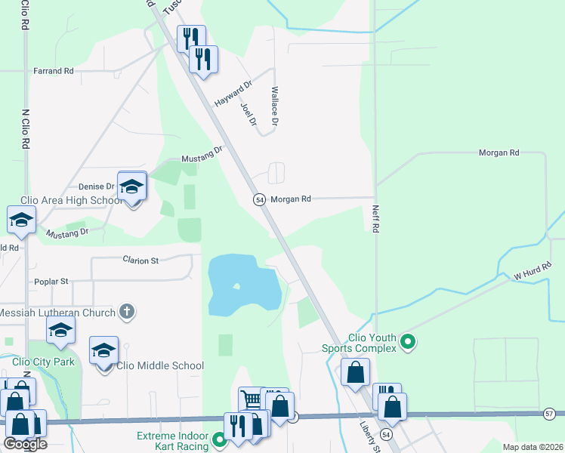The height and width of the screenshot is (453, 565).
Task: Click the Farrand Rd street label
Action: click(x=53, y=71)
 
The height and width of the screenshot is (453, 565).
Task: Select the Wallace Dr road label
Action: click(x=275, y=106)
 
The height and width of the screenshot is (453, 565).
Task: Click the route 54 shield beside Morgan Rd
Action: click(x=259, y=199)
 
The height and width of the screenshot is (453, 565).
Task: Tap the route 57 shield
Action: click(x=550, y=414)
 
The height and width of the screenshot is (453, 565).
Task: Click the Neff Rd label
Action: click(x=375, y=219)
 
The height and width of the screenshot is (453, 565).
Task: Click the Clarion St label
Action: click(x=141, y=260)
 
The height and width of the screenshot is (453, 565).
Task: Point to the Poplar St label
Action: click(x=51, y=282)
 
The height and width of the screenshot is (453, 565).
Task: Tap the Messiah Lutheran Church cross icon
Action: click(x=127, y=311)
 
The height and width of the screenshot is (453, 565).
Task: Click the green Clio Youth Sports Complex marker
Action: click(x=408, y=343)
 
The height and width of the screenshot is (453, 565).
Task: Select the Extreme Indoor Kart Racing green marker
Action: click(x=220, y=439)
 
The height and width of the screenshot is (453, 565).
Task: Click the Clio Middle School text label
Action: click(x=160, y=366)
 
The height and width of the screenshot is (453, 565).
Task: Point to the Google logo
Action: click(x=25, y=443)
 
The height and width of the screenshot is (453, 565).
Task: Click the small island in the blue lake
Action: click(x=237, y=286)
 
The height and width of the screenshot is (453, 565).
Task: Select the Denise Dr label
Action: click(x=96, y=186)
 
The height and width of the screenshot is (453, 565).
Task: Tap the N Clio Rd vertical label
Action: click(x=26, y=128)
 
